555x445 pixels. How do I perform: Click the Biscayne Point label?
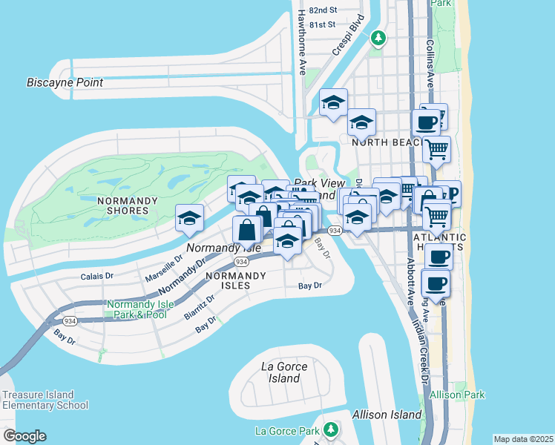[x=65, y=82]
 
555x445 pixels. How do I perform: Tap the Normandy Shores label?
[x=122, y=205]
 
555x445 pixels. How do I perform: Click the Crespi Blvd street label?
[x=348, y=35]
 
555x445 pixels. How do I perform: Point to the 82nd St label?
[x=324, y=10]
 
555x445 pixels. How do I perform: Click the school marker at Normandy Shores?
[x=189, y=217]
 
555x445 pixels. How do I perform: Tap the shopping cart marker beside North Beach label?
[x=436, y=149]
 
